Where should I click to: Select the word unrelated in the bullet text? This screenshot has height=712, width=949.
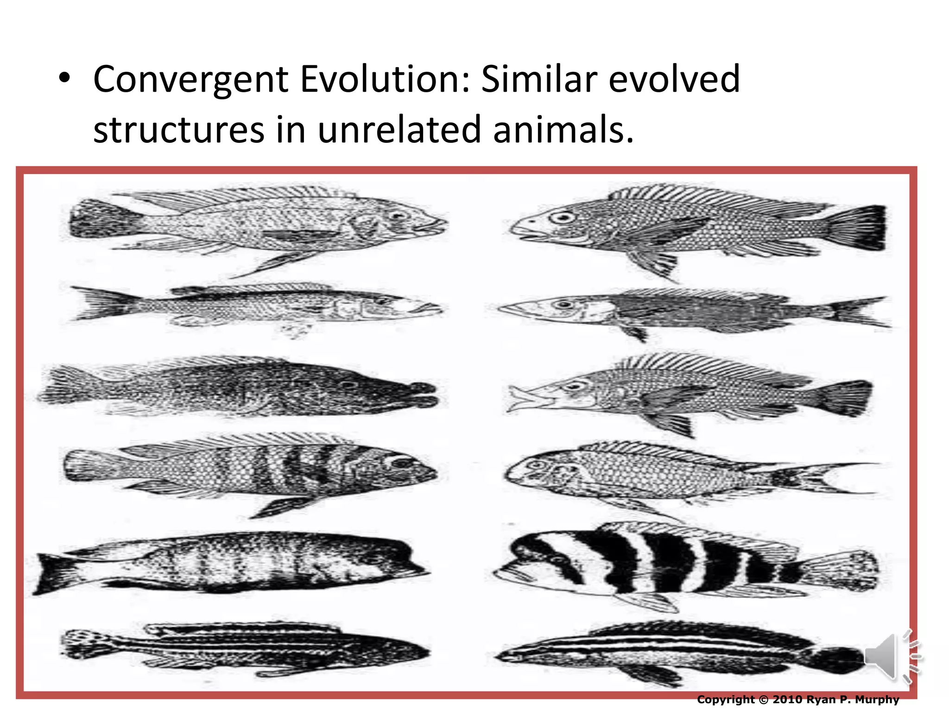[399, 130]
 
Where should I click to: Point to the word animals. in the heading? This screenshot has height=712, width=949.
[563, 130]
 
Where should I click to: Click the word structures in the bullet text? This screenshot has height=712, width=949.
[179, 130]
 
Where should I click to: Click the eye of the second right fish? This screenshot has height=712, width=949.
[563, 305]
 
